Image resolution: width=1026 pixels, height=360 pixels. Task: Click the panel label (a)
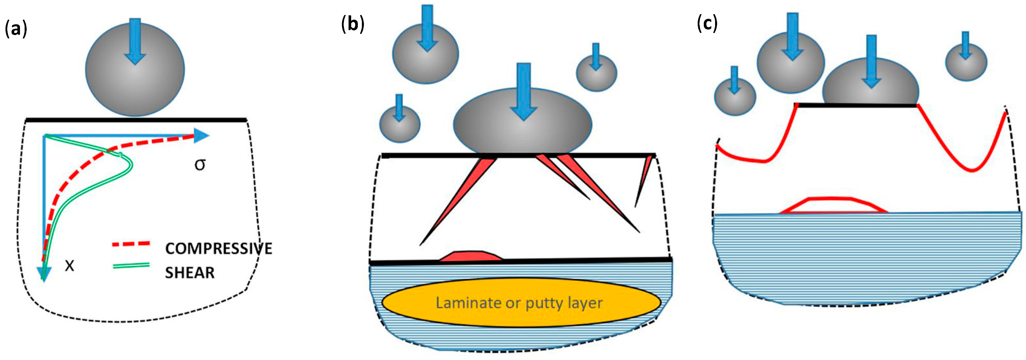pos(16,30)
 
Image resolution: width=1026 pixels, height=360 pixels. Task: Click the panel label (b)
pos(353,25)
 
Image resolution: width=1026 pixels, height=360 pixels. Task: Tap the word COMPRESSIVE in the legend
pos(219,249)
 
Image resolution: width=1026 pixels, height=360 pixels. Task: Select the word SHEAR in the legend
pos(190,273)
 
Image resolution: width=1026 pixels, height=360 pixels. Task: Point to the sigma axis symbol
pos(200,164)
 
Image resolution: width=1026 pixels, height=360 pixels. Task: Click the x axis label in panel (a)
pos(70,266)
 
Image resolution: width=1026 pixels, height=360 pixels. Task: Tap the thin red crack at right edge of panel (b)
pos(642,179)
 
